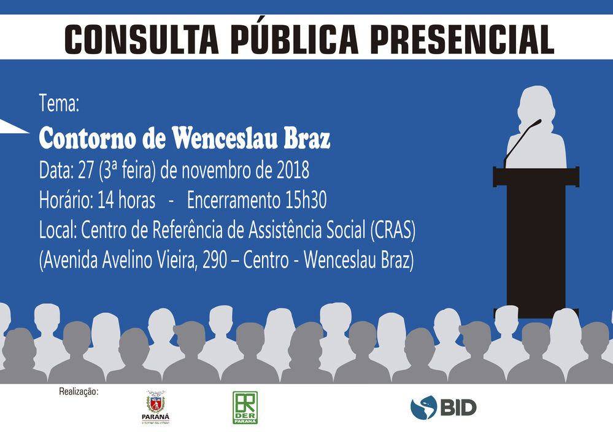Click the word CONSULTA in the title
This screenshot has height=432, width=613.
coord(141,39)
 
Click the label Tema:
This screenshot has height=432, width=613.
coord(59,103)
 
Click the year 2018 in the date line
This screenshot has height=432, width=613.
coord(293,171)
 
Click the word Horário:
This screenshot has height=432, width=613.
coord(66,200)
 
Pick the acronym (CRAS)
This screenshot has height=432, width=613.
coord(393,230)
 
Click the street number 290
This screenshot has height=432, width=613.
coord(215,260)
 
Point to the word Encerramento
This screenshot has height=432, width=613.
coord(233,200)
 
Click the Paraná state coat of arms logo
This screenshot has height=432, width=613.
coord(156,407)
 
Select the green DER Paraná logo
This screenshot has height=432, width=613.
coord(245,407)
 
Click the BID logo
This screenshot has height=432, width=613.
coord(443,407)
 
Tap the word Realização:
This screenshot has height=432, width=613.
coord(79,391)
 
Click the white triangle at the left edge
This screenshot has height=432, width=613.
coord(12,126)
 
